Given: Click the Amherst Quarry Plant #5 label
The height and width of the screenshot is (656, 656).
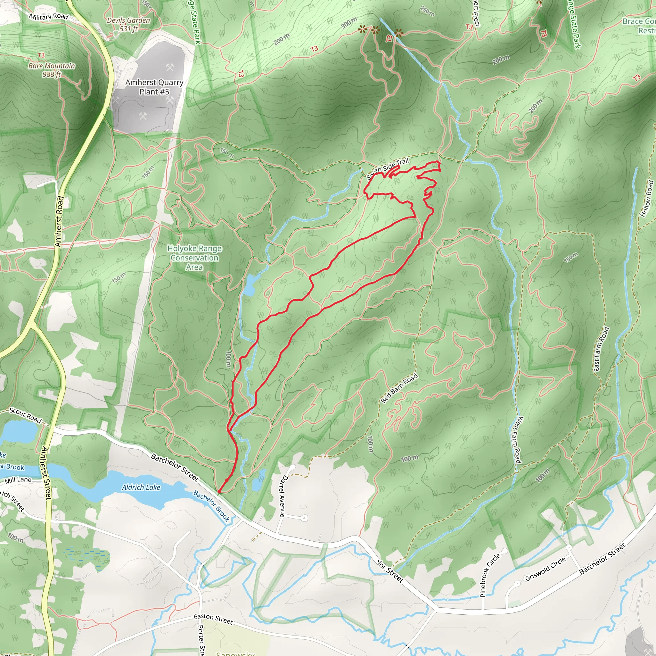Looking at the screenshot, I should click(154, 87).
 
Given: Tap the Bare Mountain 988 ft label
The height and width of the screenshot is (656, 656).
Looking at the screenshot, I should click(52, 70).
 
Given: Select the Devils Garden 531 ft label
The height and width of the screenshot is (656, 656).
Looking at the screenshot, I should click(128, 24).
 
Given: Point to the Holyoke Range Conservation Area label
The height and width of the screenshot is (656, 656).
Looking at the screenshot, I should click(194, 258).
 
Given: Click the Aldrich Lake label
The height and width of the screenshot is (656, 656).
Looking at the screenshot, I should click(141, 487).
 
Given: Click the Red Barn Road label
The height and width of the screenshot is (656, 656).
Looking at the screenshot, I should click(399, 388).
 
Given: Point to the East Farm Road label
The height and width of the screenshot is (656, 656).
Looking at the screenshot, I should click(601, 349).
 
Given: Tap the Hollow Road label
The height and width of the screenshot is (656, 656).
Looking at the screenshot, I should click(646, 198).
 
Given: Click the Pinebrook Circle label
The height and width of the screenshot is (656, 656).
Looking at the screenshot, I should click(490, 575).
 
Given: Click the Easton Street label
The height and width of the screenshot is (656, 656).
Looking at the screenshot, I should click(213, 619).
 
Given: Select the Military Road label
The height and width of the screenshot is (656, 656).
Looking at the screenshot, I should click(48, 16).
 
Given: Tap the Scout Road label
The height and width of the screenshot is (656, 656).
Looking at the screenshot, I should click(26, 415).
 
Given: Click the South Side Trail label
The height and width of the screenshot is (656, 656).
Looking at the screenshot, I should click(388, 168).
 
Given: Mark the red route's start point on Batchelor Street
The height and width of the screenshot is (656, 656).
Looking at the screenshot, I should click(219, 492).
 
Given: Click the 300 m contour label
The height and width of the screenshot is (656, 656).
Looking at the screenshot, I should click(349, 23).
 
